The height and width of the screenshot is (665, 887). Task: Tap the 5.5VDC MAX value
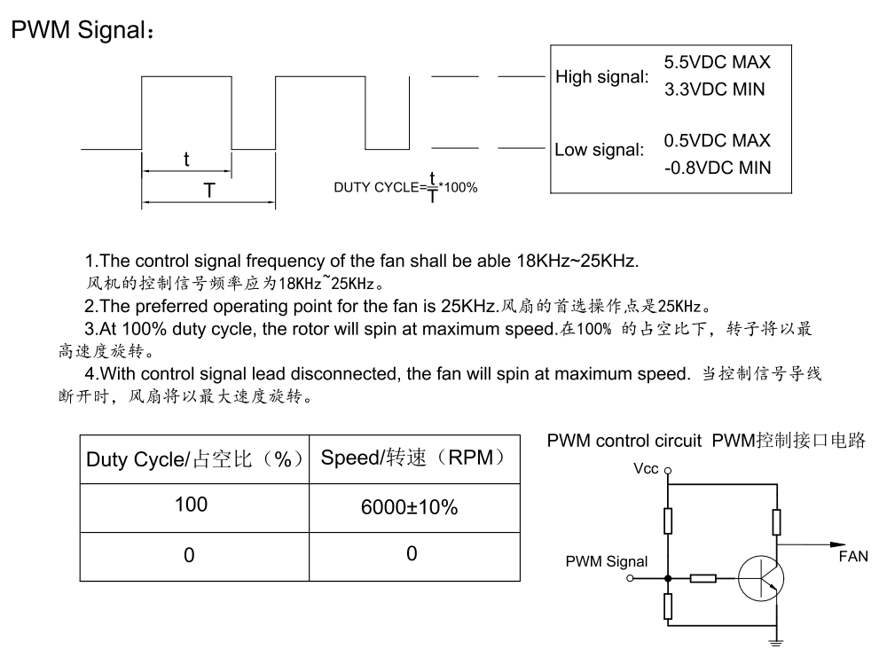[717, 63]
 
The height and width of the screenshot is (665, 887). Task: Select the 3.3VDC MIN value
[714, 90]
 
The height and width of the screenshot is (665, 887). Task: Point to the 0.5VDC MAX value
[717, 140]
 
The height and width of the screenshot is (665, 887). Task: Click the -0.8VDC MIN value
[717, 167]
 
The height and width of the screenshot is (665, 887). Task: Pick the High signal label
[601, 77]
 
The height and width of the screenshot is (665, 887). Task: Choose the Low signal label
[599, 150]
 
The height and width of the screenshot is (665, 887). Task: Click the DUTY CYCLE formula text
[405, 186]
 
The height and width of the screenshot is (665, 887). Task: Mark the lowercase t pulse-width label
[186, 160]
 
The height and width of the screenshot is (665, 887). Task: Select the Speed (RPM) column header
[413, 458]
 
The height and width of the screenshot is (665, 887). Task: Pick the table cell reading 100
[191, 505]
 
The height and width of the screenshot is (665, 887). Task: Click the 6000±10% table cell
[409, 508]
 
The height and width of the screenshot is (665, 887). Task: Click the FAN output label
[853, 557]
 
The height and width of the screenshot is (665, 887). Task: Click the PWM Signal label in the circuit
[607, 562]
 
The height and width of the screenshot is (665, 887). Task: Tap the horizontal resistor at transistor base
[703, 579]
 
